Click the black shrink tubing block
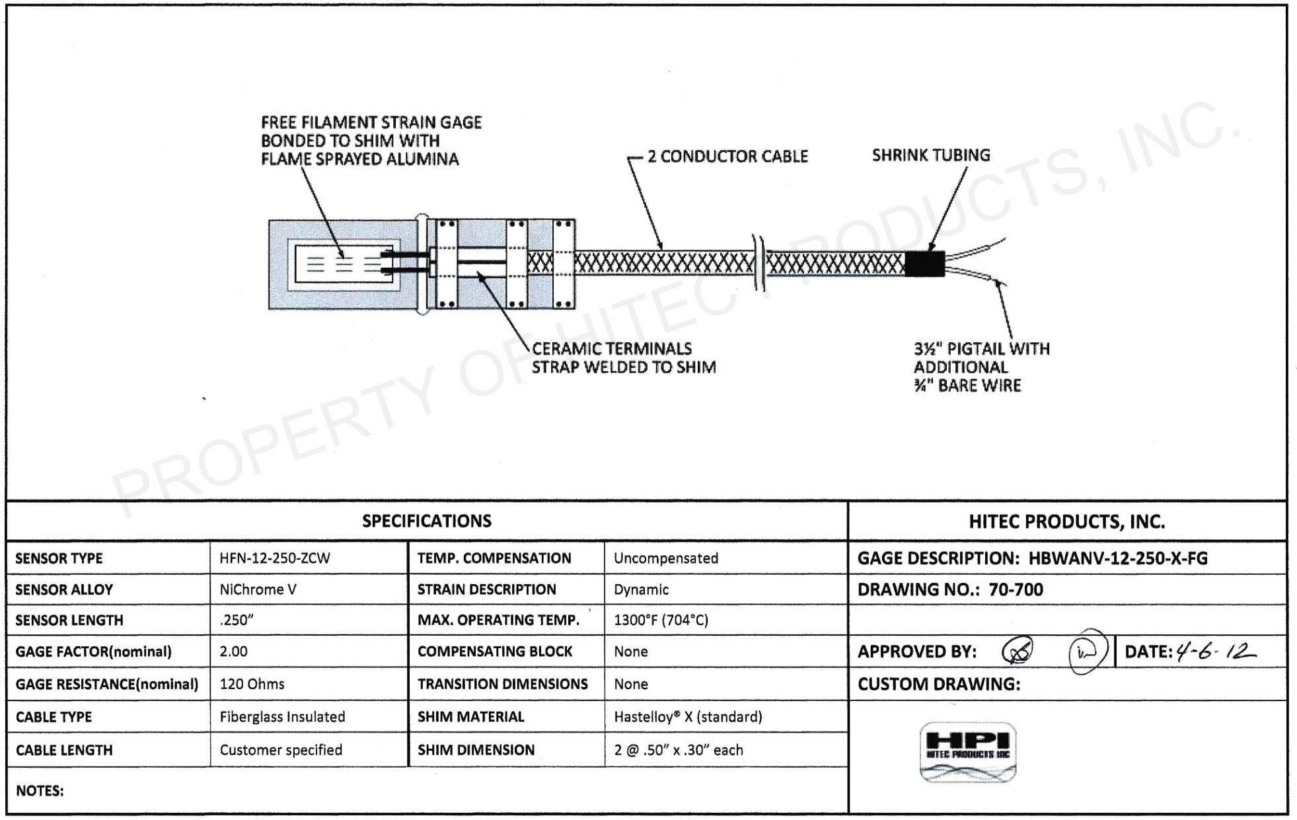(924, 264)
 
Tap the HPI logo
(968, 752)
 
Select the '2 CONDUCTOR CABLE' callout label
(727, 157)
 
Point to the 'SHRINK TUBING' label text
(931, 155)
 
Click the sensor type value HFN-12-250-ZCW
(275, 558)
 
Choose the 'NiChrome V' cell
(258, 589)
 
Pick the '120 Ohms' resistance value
(252, 684)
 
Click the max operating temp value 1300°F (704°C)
(661, 620)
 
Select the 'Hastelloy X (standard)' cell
(688, 717)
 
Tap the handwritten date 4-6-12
(1214, 652)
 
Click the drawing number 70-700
(1016, 589)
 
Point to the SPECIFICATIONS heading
(427, 521)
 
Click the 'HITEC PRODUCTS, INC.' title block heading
(1066, 522)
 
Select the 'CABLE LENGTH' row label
(64, 750)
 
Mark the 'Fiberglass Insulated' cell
(282, 717)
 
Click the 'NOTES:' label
(40, 791)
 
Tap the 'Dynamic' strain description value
(641, 589)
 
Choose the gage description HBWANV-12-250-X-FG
(1118, 558)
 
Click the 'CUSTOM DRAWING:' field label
(938, 685)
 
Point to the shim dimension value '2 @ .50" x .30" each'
(679, 750)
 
